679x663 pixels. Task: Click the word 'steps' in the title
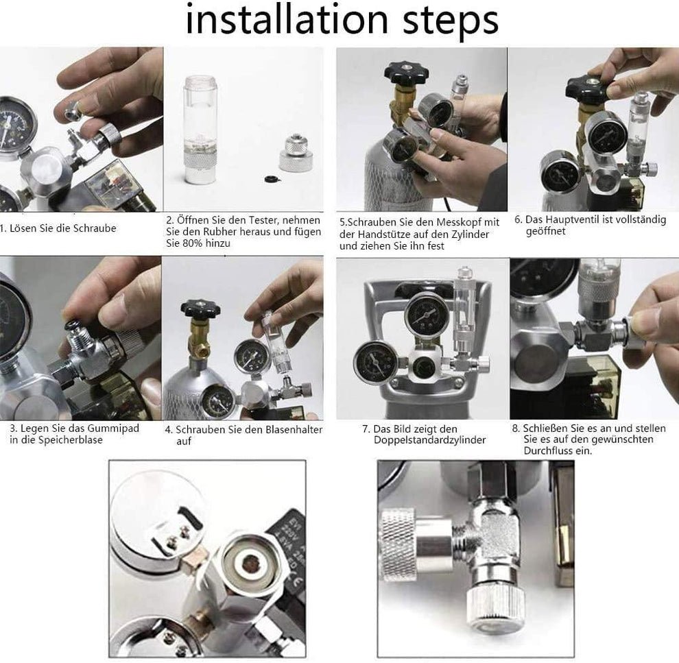click(451, 22)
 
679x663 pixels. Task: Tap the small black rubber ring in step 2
click(272, 178)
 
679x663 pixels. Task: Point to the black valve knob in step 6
click(587, 86)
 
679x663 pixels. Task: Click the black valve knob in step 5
click(406, 72)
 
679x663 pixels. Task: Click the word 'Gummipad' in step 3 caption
click(113, 429)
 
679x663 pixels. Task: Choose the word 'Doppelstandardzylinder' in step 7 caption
click(429, 440)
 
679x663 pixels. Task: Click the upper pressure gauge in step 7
click(426, 314)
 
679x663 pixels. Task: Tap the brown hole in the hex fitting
click(250, 564)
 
